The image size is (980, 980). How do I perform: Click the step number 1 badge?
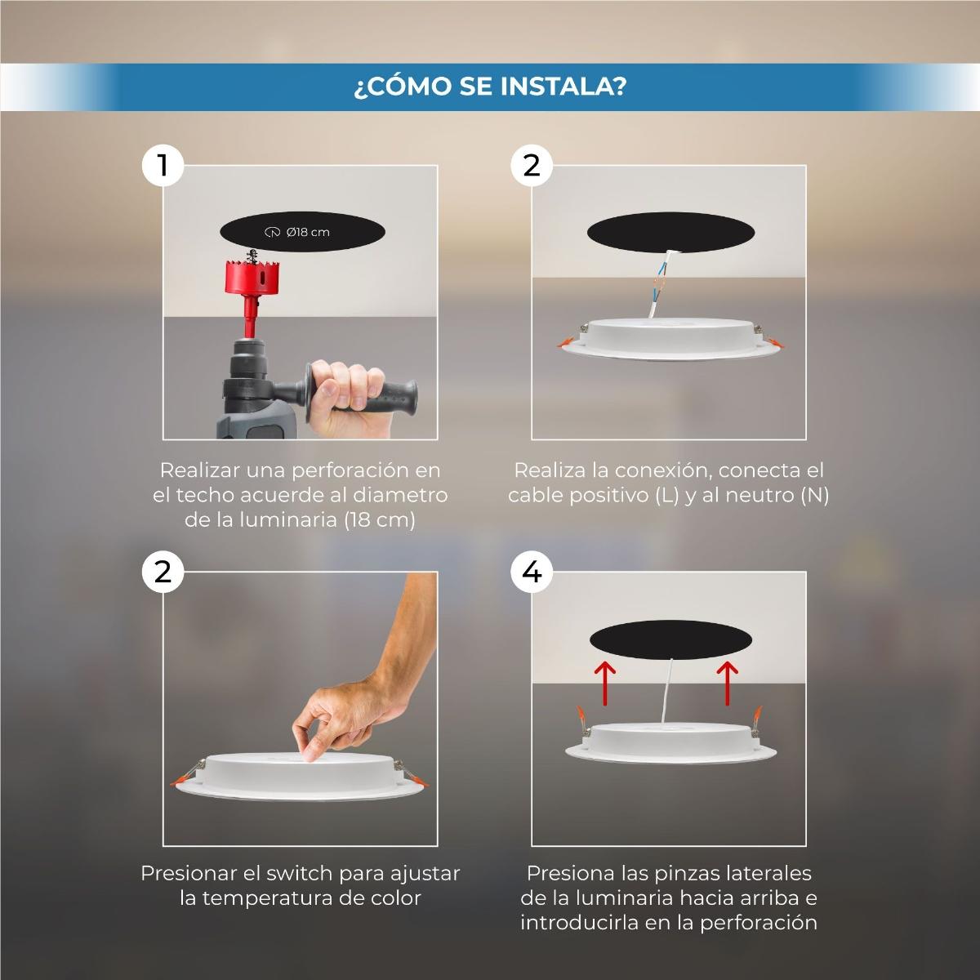163,165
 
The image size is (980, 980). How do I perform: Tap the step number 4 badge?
532,572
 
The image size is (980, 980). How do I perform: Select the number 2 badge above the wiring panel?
532,165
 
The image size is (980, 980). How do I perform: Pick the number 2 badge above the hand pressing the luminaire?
163,572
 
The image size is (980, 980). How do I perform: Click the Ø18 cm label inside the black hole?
297,232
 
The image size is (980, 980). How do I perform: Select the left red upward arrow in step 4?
604,683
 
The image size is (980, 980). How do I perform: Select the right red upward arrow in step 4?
728,683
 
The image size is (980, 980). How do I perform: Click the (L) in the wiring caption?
666,495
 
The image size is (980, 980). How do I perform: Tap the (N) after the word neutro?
815,495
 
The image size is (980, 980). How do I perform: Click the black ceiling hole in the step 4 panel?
670,639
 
